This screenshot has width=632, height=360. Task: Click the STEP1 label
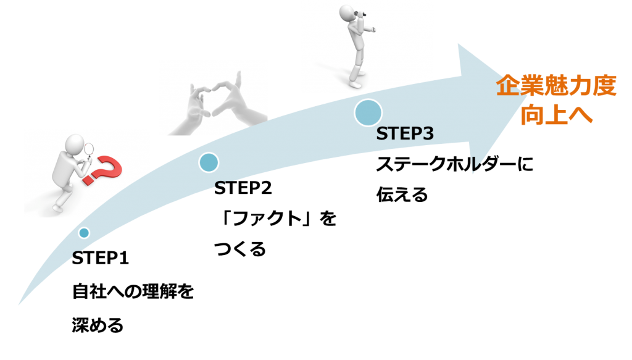click(x=101, y=258)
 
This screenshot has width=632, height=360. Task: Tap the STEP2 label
click(x=243, y=188)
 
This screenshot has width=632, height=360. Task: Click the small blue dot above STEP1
click(x=84, y=233)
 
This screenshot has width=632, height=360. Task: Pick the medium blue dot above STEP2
click(x=209, y=162)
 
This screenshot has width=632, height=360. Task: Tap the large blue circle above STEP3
click(x=368, y=112)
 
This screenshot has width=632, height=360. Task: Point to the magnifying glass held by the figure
click(x=89, y=151)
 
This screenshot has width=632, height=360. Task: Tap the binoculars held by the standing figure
click(x=360, y=15)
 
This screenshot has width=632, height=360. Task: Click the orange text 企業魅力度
click(x=556, y=86)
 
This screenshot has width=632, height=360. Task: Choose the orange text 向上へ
click(x=556, y=115)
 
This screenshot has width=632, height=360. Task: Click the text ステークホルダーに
click(x=455, y=164)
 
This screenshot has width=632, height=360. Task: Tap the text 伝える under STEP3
click(x=402, y=195)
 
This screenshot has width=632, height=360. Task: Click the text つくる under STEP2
click(x=240, y=249)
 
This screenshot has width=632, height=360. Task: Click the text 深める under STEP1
click(x=98, y=325)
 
